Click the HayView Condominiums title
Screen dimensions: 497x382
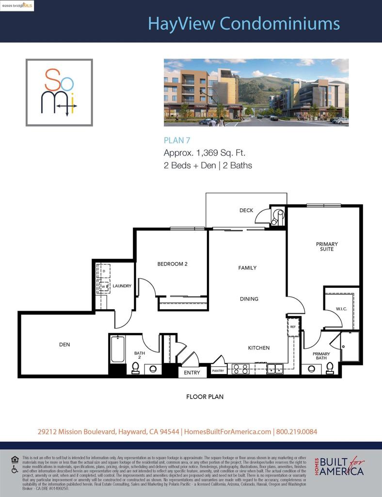click(x=243, y=23)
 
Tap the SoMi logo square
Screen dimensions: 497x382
click(x=59, y=93)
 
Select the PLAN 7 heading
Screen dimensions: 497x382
click(x=177, y=140)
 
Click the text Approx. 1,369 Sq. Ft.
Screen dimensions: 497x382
click(x=208, y=153)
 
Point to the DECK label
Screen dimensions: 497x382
click(x=246, y=210)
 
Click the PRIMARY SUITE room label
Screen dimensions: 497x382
click(x=327, y=247)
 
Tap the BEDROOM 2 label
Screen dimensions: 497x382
click(x=172, y=264)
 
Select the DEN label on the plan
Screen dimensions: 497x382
click(x=64, y=345)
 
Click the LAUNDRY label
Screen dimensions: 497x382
click(x=122, y=286)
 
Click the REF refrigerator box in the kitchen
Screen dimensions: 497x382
click(x=293, y=327)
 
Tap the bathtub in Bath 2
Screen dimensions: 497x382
click(x=118, y=350)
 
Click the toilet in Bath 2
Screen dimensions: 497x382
click(x=136, y=368)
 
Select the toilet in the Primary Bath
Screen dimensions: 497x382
click(x=330, y=367)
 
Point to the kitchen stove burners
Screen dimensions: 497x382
click(x=240, y=368)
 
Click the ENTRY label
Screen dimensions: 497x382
click(x=192, y=373)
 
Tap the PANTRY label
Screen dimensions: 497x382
click(x=218, y=371)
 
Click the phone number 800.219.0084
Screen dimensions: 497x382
click(x=296, y=431)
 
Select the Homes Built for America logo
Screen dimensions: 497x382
click(x=339, y=467)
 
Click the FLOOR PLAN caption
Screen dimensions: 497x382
click(x=205, y=397)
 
